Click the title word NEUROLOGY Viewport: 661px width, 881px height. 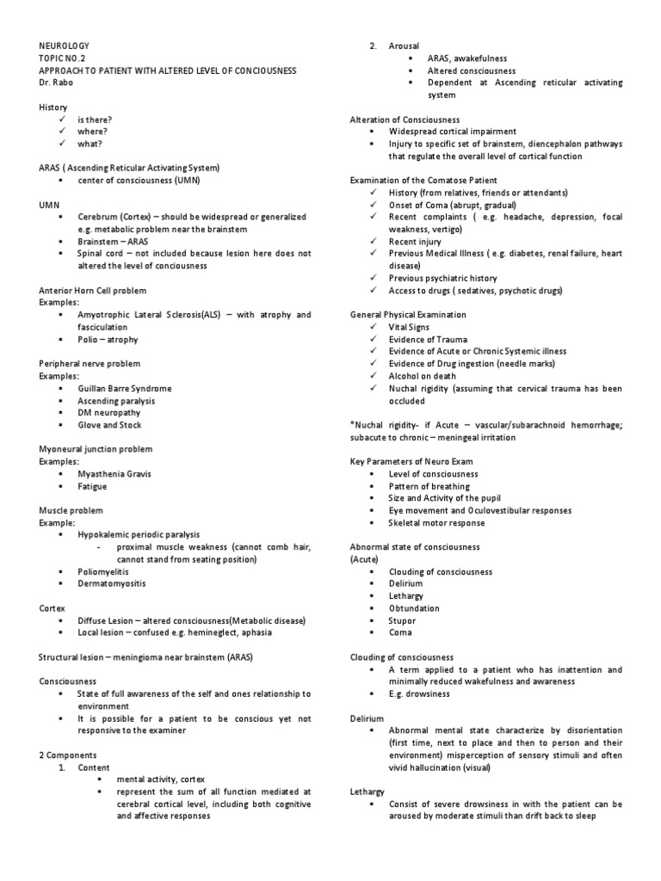tap(64, 45)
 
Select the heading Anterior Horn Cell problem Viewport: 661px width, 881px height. tap(93, 291)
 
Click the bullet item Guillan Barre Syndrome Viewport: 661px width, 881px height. tap(124, 389)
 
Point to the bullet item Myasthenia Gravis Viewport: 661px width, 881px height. tap(113, 474)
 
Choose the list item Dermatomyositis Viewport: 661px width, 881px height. tap(112, 583)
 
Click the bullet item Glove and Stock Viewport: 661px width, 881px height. tap(110, 425)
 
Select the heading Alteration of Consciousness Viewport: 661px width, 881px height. tap(405, 119)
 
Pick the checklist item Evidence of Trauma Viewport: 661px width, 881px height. tap(427, 340)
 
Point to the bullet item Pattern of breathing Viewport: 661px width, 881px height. tap(430, 486)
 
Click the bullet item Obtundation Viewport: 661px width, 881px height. tap(414, 608)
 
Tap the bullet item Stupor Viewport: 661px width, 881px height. tap(402, 620)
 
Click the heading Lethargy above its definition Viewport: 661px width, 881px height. tap(368, 791)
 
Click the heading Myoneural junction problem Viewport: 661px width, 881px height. tap(96, 449)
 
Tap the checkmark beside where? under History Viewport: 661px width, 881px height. tap(63, 132)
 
